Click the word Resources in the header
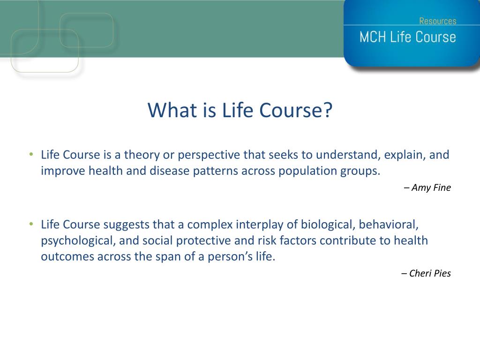(x=437, y=21)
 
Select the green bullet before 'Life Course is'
(x=31, y=154)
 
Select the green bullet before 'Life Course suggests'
(x=31, y=224)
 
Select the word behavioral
(x=389, y=225)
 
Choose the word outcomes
(x=67, y=256)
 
